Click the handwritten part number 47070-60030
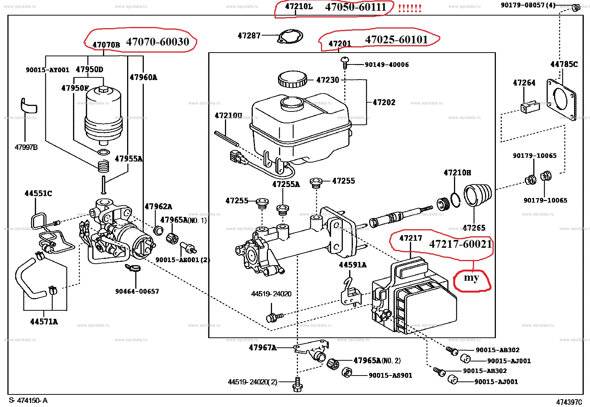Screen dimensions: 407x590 (158, 42)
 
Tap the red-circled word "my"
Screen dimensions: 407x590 (471, 278)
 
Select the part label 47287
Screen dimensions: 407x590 (249, 36)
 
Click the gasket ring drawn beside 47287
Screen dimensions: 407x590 (291, 36)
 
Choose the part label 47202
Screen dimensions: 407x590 (384, 102)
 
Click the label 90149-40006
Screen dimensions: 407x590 (387, 64)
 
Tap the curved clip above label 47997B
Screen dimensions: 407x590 (29, 106)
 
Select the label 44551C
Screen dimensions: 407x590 (38, 193)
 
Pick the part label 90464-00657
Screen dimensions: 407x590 (137, 291)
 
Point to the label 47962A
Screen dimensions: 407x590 (158, 207)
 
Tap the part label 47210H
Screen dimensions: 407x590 (457, 173)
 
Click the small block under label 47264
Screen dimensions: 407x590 (530, 107)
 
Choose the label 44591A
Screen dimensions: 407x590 (352, 265)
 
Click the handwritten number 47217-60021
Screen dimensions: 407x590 (460, 244)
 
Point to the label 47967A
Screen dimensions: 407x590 (262, 347)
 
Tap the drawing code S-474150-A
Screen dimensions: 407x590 (28, 400)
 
